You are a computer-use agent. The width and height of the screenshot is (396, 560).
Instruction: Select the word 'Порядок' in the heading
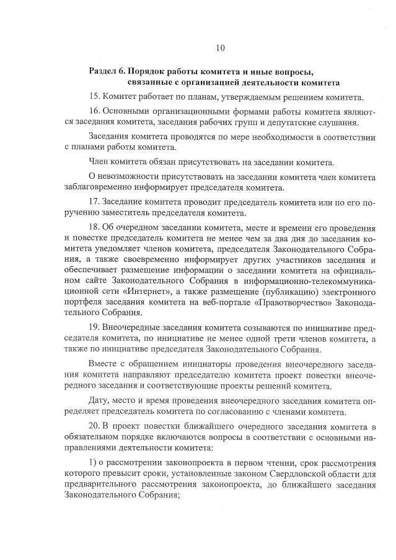tap(151, 71)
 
